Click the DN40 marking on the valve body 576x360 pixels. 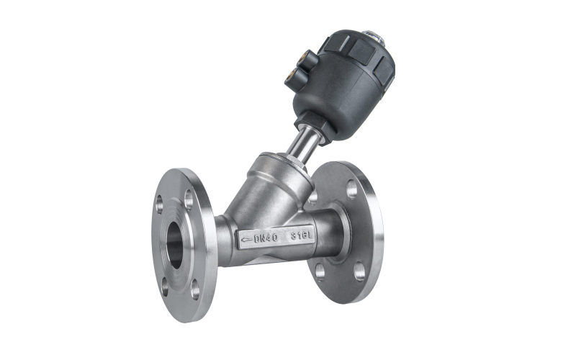point(266,238)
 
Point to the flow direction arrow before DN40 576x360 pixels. point(246,240)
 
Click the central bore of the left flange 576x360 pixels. point(176,245)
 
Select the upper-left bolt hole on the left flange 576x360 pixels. point(159,204)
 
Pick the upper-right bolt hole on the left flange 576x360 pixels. point(189,199)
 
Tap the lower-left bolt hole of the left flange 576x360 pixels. point(165,287)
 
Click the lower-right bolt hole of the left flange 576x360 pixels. point(195,289)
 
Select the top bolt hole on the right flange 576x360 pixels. point(352,189)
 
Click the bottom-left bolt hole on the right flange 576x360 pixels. point(320,272)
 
